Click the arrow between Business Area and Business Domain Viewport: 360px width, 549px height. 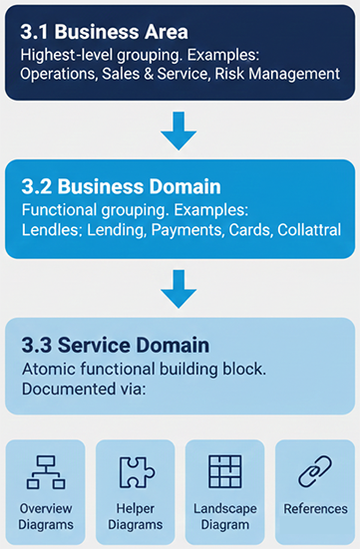[180, 130]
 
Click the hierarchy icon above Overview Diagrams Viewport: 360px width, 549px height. [45, 472]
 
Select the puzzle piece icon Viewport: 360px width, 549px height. [135, 472]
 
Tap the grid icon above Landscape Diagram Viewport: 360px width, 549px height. [225, 471]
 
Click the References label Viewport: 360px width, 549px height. [314, 509]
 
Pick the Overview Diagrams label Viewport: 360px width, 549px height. [45, 517]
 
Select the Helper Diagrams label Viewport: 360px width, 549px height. [135, 517]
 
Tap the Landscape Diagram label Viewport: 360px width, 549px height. [225, 517]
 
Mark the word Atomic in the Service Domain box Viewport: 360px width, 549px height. [49, 369]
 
